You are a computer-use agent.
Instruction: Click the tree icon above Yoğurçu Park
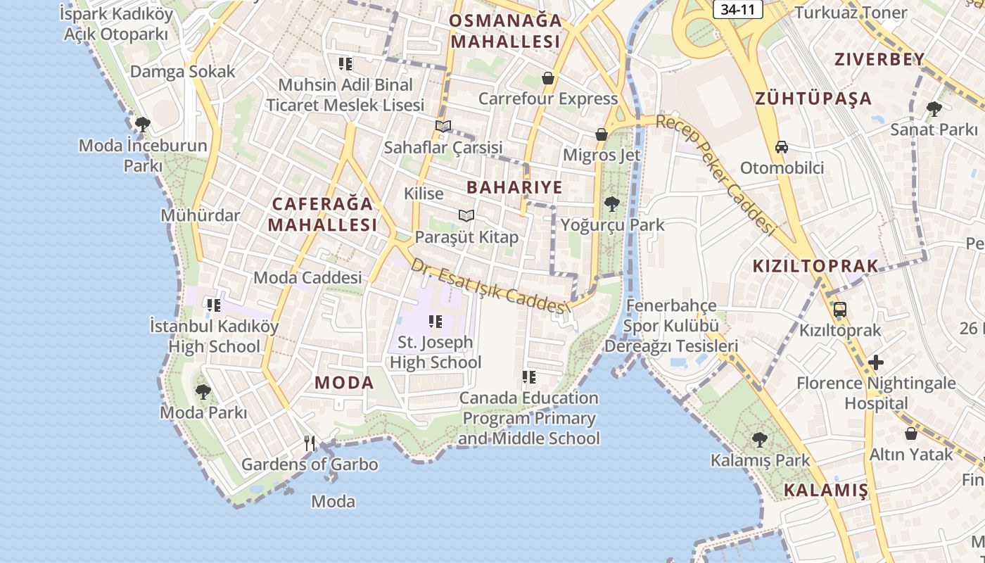click(x=612, y=204)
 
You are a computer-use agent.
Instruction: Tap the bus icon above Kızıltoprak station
click(x=839, y=309)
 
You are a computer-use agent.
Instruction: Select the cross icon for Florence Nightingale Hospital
click(x=876, y=362)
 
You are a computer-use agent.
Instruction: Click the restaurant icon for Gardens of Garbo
click(x=310, y=443)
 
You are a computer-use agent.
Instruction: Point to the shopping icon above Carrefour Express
click(x=548, y=77)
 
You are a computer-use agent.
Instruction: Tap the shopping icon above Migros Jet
click(x=602, y=134)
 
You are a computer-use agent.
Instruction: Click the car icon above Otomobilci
click(x=781, y=147)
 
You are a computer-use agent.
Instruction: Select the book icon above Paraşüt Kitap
click(x=466, y=215)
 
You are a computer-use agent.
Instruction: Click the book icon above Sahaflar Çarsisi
click(x=443, y=126)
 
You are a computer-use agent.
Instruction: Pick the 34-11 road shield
click(x=737, y=11)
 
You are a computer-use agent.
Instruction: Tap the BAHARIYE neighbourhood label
click(x=514, y=187)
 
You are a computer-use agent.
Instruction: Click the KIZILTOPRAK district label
click(x=815, y=266)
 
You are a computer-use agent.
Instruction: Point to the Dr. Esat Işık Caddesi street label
click(x=489, y=286)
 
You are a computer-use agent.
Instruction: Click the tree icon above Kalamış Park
click(x=759, y=440)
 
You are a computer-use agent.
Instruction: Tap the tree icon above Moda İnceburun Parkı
click(x=143, y=125)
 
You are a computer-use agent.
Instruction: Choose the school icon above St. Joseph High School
click(x=436, y=322)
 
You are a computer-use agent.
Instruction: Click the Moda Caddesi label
click(x=307, y=277)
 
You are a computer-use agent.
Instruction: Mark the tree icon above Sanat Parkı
click(x=934, y=108)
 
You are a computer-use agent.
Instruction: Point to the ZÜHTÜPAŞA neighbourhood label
click(x=813, y=99)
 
